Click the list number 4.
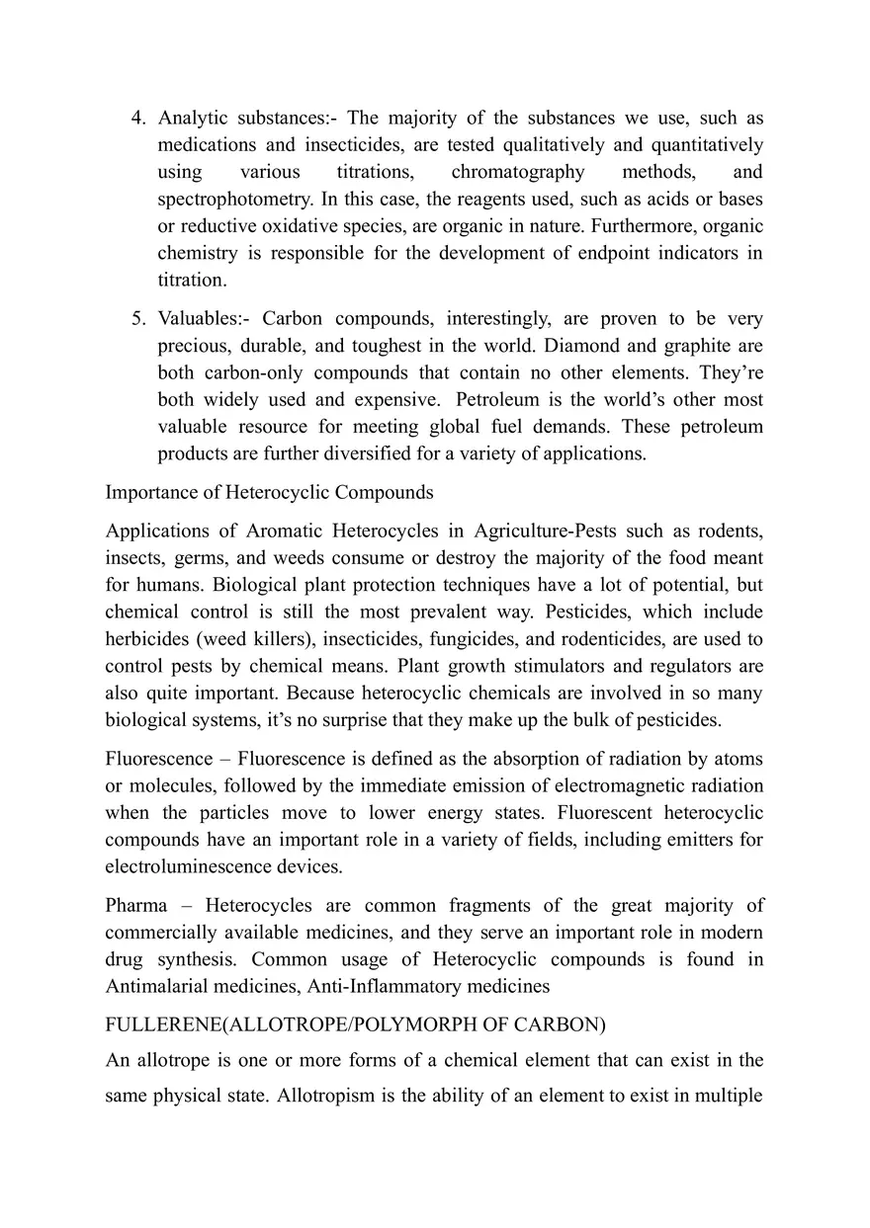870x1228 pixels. (x=137, y=119)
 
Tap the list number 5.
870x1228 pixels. (x=137, y=320)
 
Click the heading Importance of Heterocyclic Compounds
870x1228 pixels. (x=269, y=492)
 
